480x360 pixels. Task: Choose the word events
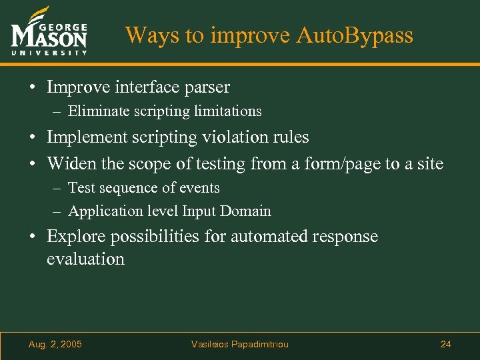click(x=199, y=188)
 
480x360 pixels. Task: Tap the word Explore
click(x=76, y=237)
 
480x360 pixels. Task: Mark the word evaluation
click(x=85, y=259)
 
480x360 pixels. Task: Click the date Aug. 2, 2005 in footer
click(x=55, y=344)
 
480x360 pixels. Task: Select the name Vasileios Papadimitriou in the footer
click(x=240, y=344)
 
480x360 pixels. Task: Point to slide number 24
click(x=445, y=344)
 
